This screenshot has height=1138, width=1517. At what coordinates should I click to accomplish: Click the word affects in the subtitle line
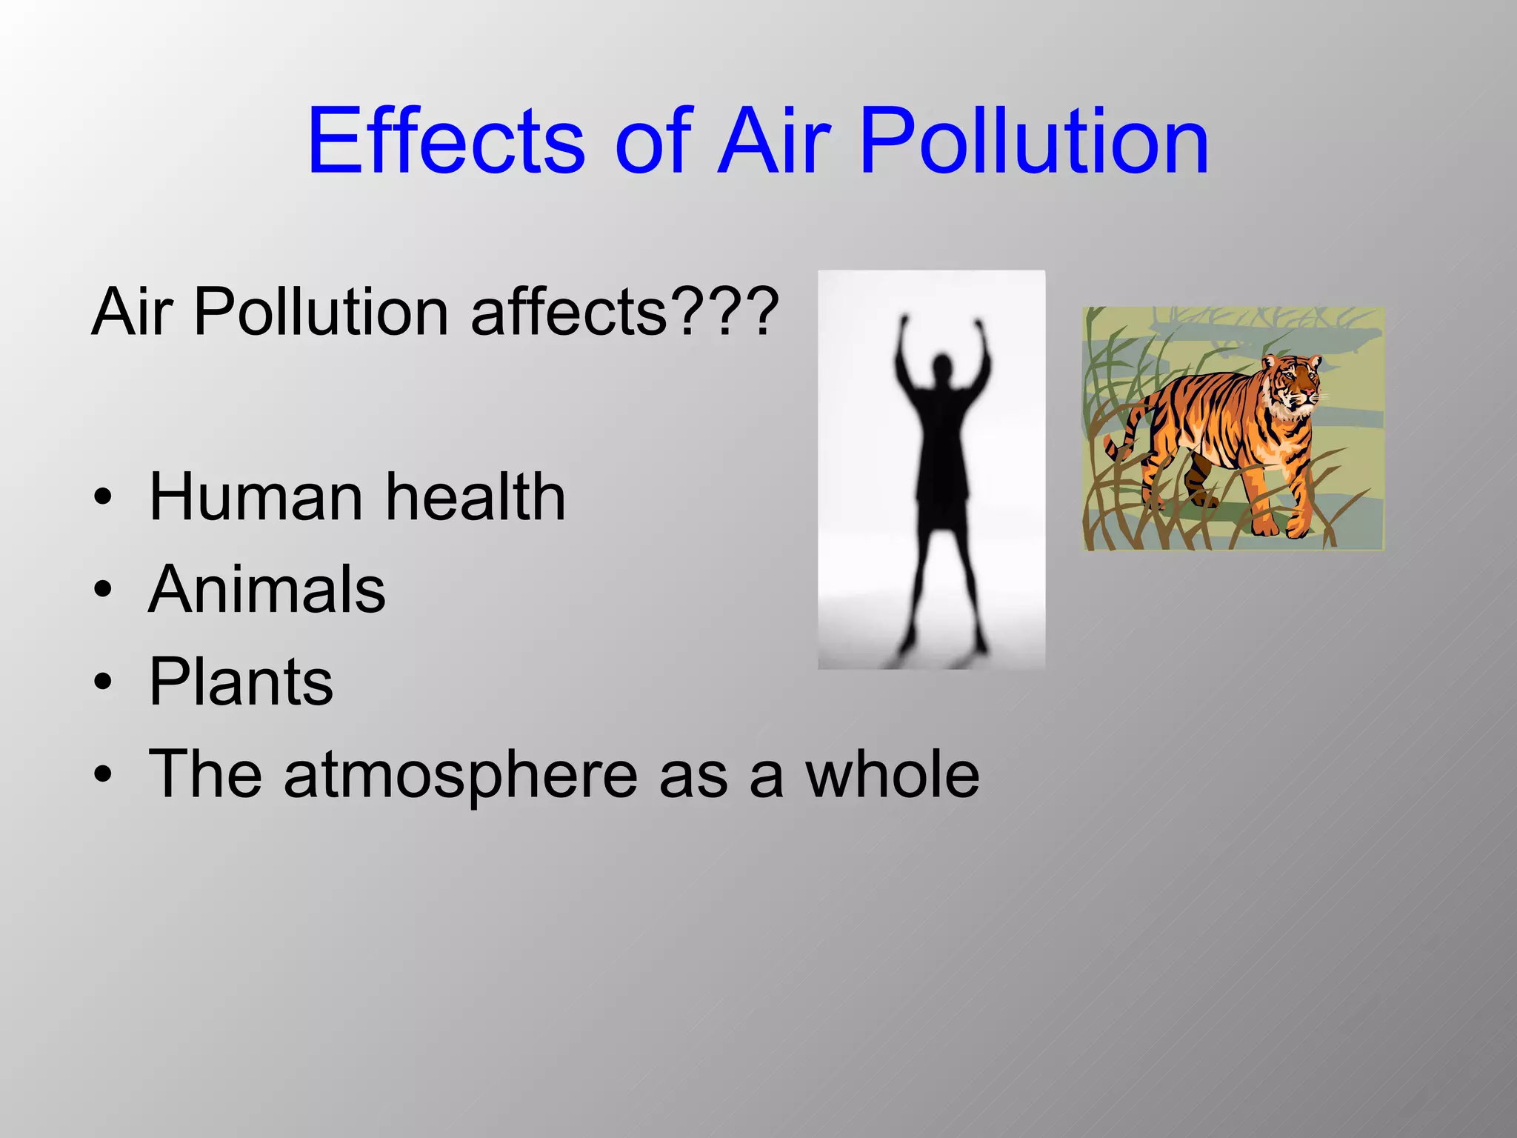[569, 311]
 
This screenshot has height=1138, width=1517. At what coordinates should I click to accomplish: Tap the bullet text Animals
[267, 589]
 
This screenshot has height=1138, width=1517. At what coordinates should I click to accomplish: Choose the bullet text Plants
[241, 682]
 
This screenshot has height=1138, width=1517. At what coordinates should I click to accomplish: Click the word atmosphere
[460, 774]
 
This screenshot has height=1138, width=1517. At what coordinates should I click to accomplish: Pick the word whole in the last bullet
[893, 774]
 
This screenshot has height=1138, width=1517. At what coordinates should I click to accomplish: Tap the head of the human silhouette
[941, 368]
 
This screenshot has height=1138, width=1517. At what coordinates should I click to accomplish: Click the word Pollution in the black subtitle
[320, 311]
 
